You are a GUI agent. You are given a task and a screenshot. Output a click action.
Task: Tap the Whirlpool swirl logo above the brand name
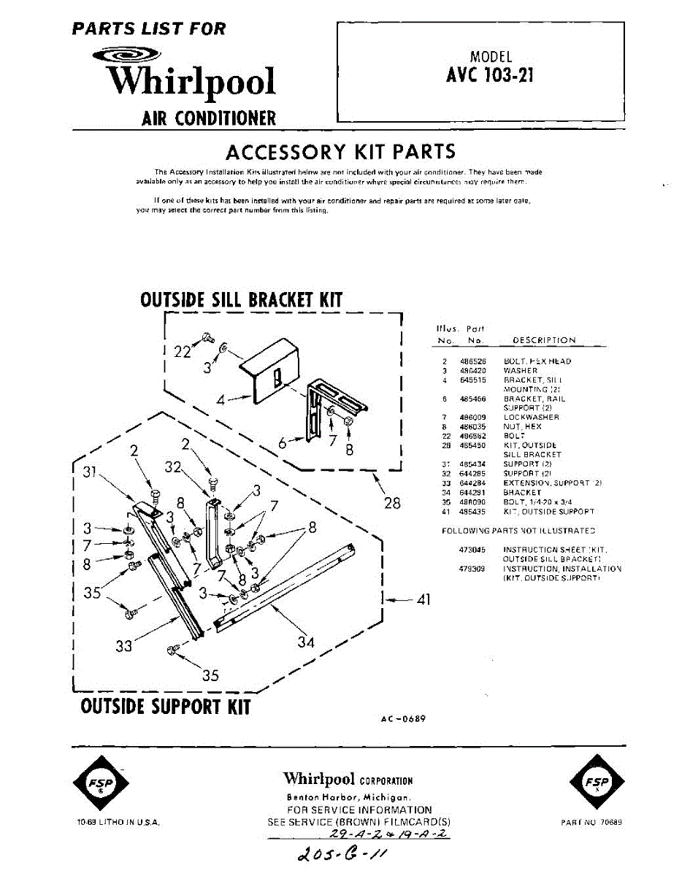click(x=128, y=55)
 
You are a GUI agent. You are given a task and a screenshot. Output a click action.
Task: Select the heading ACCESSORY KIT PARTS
click(x=340, y=152)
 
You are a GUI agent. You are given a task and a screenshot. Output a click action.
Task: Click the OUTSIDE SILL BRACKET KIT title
click(x=241, y=300)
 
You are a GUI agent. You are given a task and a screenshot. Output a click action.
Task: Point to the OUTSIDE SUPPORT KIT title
click(x=166, y=707)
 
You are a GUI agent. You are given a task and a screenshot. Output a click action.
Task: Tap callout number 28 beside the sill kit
click(x=391, y=503)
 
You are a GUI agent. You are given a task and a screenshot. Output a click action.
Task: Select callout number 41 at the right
click(x=423, y=600)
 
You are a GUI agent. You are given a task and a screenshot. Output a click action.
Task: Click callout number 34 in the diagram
click(x=306, y=642)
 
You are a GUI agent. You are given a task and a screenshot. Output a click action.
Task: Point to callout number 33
click(x=124, y=646)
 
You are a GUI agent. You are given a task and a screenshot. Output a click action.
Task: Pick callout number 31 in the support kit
click(x=90, y=472)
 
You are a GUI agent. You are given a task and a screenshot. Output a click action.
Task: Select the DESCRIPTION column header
click(x=544, y=340)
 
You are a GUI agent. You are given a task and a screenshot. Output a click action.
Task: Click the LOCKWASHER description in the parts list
click(x=531, y=418)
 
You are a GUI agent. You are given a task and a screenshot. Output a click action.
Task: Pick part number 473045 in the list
click(x=472, y=549)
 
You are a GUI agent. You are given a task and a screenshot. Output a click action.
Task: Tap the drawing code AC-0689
click(x=402, y=719)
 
